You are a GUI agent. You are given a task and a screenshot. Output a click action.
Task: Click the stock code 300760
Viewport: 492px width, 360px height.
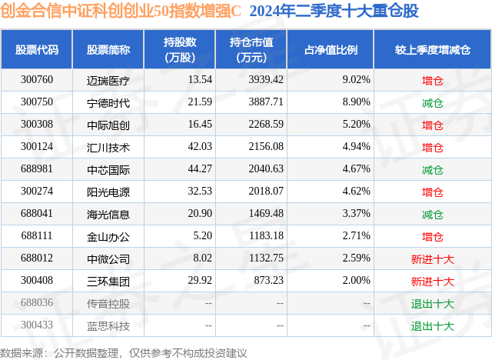point(37,79)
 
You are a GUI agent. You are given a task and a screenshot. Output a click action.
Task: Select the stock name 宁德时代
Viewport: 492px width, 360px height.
point(108,102)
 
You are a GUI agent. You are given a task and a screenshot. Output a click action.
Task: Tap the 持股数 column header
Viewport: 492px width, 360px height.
point(180,49)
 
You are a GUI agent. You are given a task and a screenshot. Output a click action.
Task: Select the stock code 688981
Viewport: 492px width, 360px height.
point(37,169)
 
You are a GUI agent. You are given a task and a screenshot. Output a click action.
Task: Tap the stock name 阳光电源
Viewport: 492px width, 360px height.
point(108,192)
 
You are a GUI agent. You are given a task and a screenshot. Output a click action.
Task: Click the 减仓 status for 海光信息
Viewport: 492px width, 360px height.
point(433,214)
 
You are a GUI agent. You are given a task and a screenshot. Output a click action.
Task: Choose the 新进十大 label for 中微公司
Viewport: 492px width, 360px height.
point(433,258)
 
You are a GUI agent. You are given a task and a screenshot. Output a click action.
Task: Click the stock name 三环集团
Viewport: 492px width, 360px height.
point(108,281)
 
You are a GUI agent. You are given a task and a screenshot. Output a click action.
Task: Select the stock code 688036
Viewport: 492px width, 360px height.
point(37,303)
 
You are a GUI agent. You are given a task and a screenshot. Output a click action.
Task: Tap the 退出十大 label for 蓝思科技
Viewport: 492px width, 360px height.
point(433,325)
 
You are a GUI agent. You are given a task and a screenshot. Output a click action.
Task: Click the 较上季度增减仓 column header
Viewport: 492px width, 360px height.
point(433,49)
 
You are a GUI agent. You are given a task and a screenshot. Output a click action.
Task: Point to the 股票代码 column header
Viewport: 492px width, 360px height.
point(37,49)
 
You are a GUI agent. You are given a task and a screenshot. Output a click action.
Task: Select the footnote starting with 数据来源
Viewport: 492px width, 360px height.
point(124,352)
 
